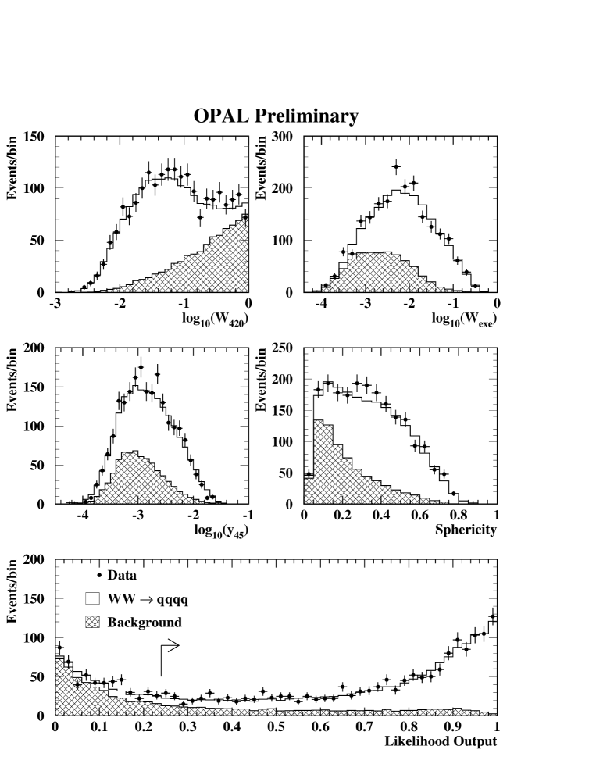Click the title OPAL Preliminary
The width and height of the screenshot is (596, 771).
click(276, 116)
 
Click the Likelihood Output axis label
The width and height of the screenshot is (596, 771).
click(440, 741)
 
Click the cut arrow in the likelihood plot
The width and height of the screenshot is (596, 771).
click(169, 646)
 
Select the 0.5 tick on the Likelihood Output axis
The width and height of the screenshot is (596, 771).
click(276, 727)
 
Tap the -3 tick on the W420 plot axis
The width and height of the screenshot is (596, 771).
click(55, 305)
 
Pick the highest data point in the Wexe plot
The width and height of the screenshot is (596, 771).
click(396, 166)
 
